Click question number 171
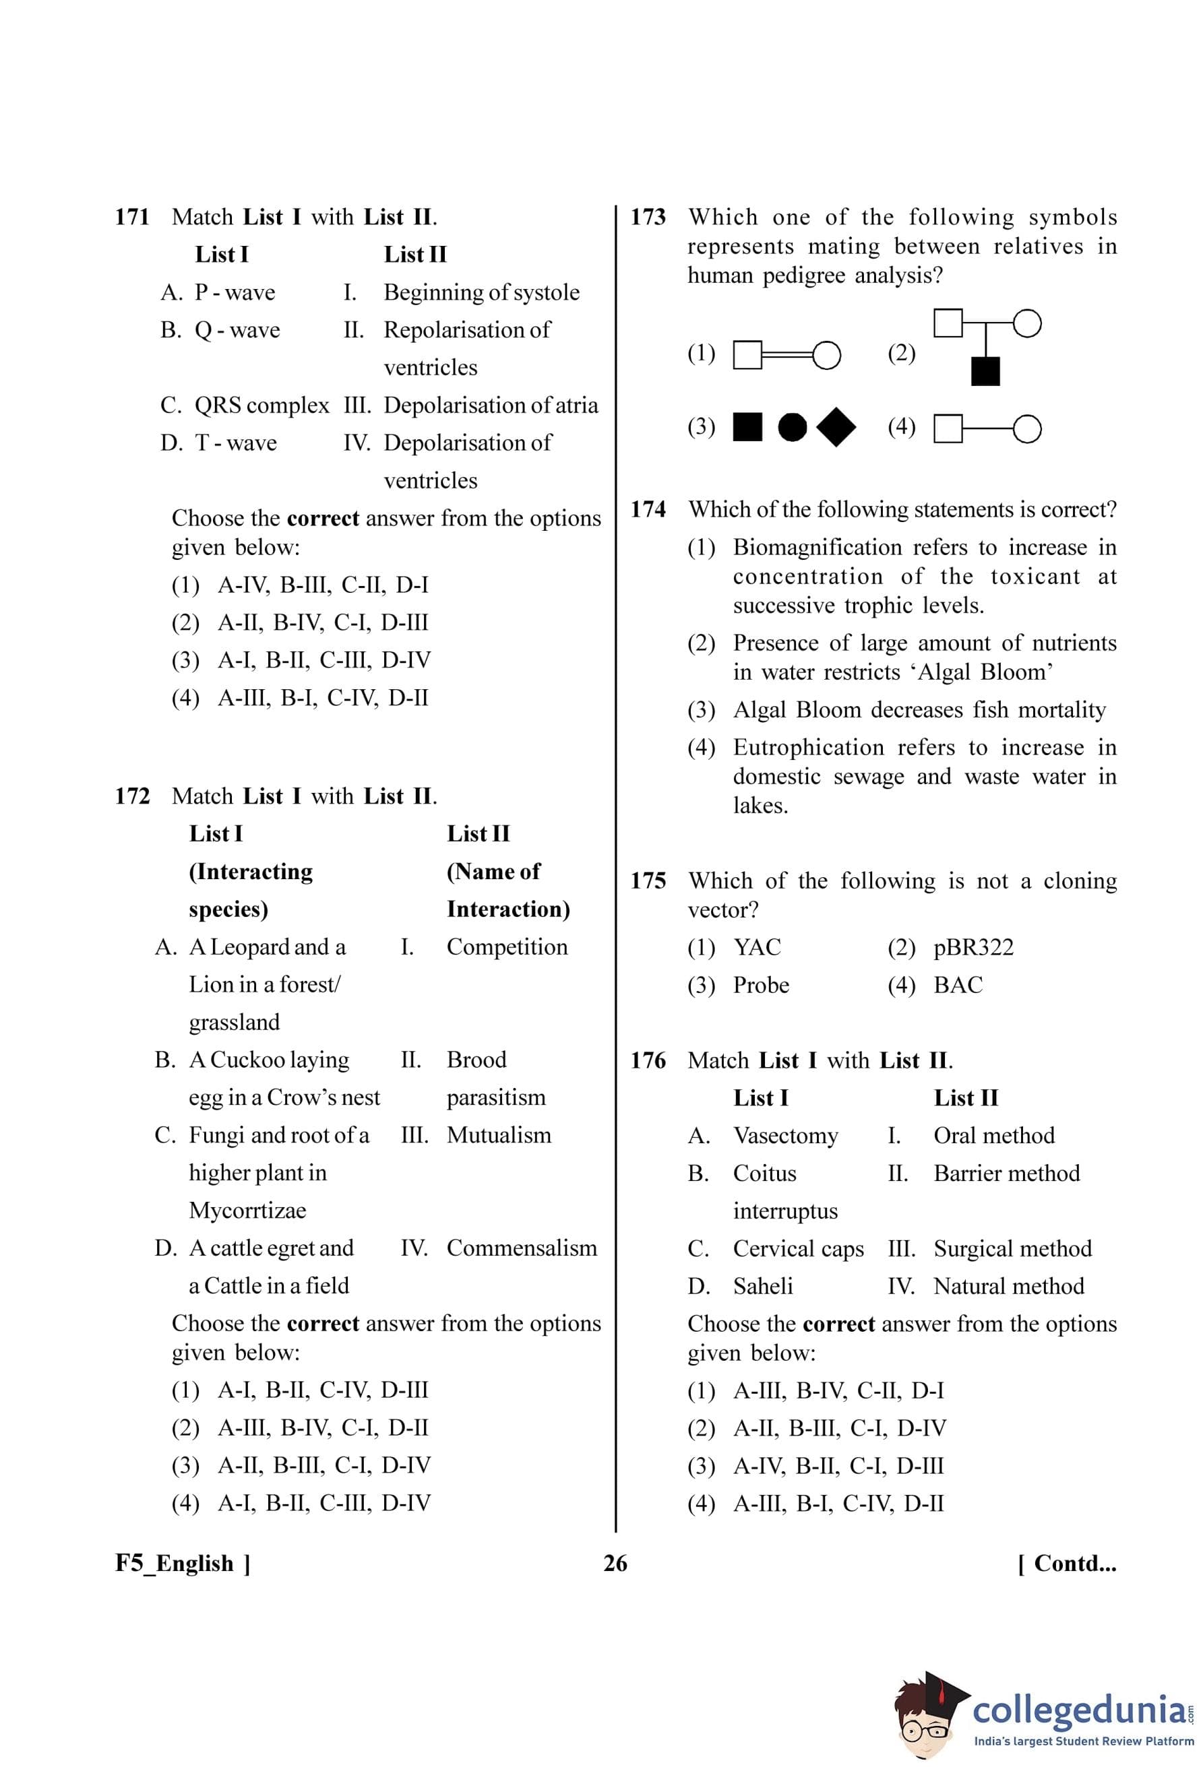point(131,218)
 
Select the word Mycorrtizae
point(247,1210)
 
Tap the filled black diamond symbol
point(836,427)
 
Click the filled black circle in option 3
point(793,427)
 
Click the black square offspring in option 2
point(985,371)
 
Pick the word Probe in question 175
point(760,986)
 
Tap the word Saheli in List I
point(762,1287)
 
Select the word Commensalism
point(522,1248)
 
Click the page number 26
point(615,1564)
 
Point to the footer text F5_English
point(175,1564)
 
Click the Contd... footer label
point(1067,1564)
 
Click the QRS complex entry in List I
point(261,406)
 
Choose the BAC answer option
point(958,986)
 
